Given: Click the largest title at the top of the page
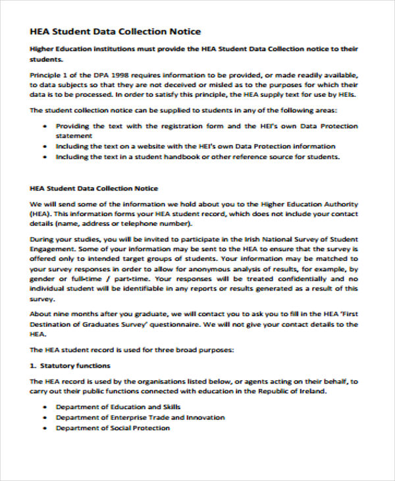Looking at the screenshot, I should click(115, 32).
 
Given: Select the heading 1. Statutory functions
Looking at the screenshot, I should click(70, 365).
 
